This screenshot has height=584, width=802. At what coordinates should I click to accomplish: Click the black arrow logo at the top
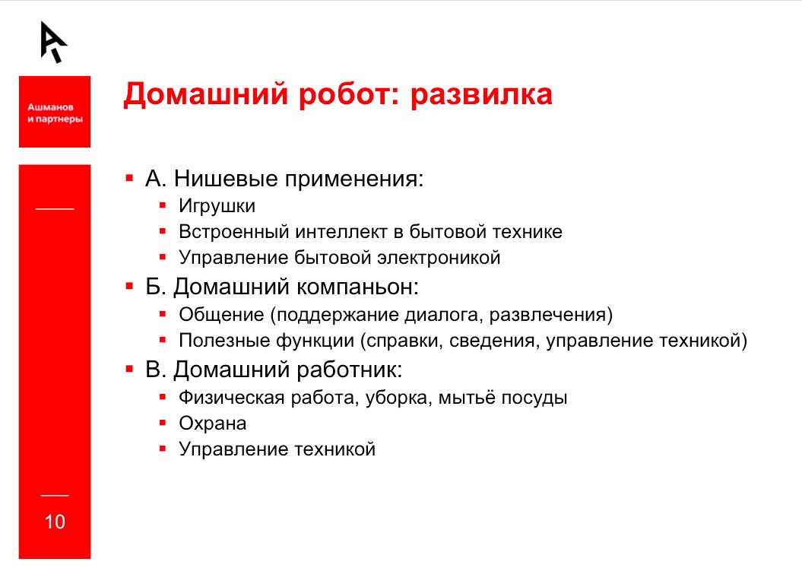[x=54, y=41]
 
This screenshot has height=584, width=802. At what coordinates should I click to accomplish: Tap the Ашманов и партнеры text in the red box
[x=55, y=113]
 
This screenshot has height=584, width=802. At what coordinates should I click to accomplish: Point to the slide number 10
[x=55, y=522]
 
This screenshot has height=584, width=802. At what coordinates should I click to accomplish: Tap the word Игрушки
[x=217, y=206]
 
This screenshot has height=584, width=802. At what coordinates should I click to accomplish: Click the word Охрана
[x=213, y=423]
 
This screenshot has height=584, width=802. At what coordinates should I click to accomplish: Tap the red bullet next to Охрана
[x=163, y=422]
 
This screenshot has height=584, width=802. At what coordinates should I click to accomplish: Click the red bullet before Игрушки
[x=163, y=205]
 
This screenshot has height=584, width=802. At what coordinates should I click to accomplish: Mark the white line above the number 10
[x=55, y=495]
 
